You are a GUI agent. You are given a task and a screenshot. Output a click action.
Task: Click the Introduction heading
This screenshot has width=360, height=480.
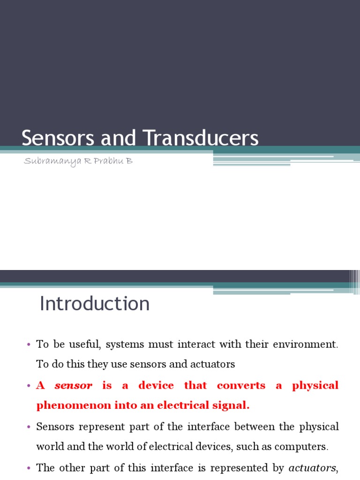(95, 304)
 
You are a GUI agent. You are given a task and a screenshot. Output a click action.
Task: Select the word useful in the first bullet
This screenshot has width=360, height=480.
(85, 345)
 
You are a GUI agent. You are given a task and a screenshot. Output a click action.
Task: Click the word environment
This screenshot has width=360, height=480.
(305, 345)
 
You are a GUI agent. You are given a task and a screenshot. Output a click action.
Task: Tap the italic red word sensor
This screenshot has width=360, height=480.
(74, 386)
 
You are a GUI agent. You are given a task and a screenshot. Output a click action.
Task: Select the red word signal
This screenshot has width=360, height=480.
(232, 406)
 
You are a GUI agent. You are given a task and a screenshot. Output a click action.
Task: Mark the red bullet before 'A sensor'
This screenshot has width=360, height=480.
(29, 386)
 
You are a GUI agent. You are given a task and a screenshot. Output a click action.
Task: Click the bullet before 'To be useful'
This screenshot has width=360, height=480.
(29, 345)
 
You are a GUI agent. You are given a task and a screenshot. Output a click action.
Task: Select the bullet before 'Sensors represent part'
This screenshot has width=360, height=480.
(29, 427)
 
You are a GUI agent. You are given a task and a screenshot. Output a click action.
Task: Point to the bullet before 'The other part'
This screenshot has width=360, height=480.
(29, 468)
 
